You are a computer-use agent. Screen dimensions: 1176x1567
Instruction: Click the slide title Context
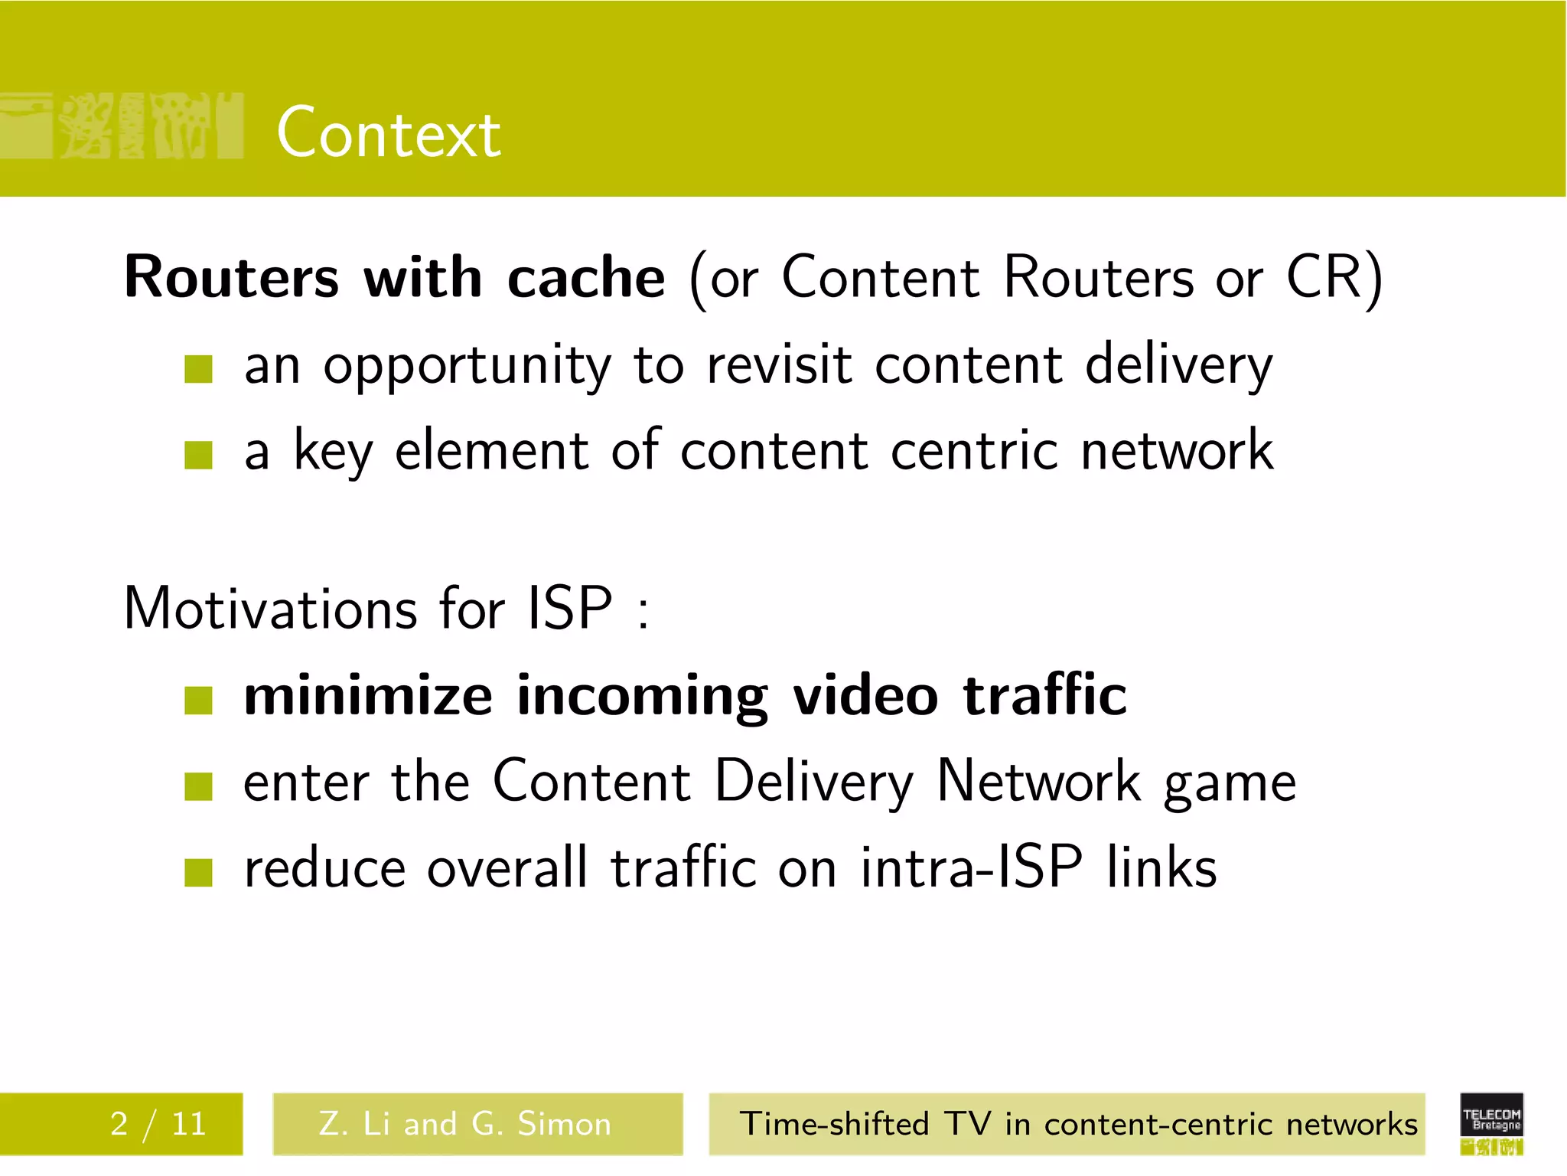389,134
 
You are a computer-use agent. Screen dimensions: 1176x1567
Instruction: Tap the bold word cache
586,277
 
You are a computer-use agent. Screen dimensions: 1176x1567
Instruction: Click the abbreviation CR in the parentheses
1324,277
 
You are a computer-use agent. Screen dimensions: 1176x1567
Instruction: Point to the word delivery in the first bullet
1178,366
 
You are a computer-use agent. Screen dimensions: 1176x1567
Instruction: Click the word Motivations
269,609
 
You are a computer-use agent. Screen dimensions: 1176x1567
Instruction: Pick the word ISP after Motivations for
570,609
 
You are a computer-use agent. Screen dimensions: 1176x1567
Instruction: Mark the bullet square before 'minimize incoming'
198,700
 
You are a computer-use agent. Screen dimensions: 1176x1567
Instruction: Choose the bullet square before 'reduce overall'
198,872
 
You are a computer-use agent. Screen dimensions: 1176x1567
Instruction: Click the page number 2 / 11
158,1124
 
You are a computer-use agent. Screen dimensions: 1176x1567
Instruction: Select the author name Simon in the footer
565,1124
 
